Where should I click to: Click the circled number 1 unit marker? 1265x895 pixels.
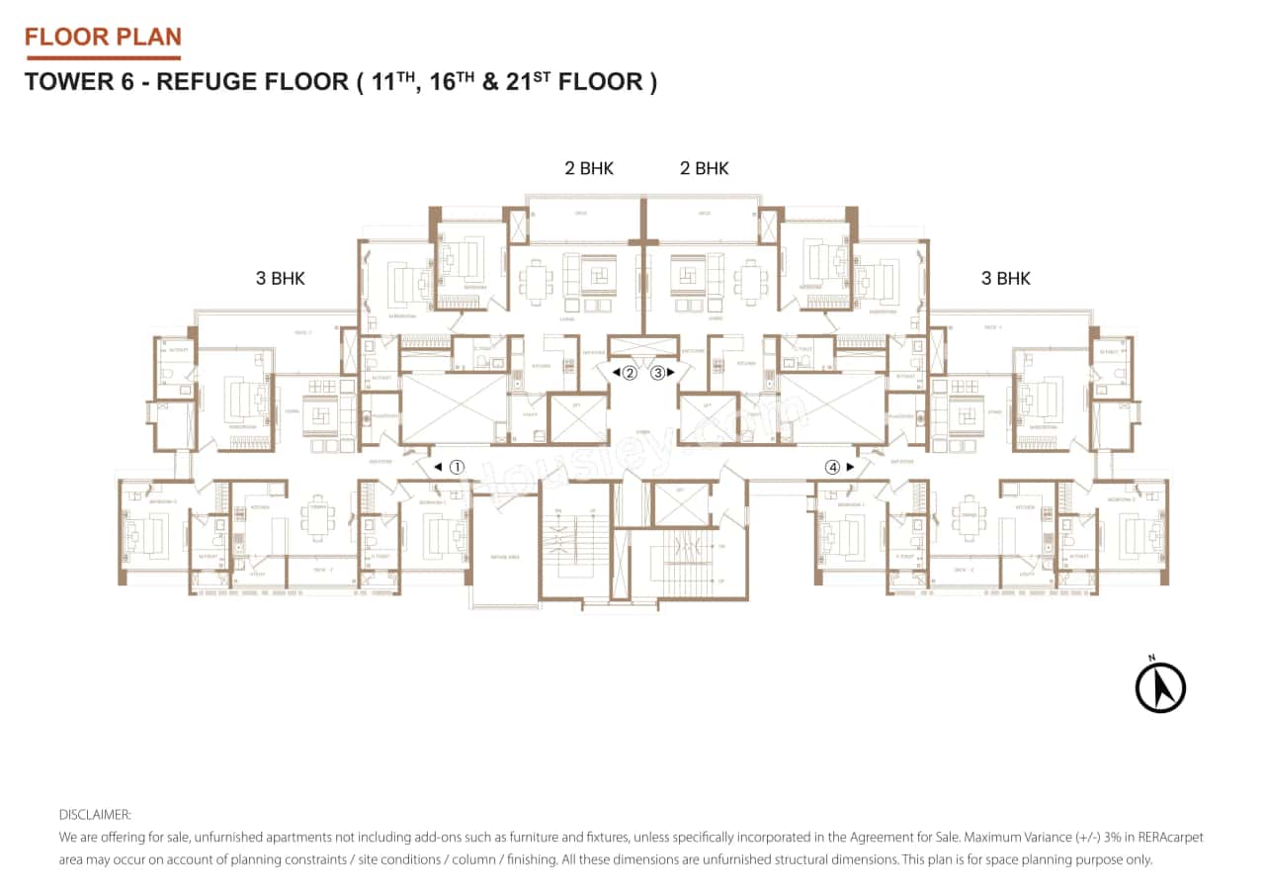coord(457,467)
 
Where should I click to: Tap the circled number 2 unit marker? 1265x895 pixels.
coord(629,373)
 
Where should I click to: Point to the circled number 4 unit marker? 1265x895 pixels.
coord(833,467)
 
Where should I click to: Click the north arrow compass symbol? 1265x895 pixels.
coord(1160,686)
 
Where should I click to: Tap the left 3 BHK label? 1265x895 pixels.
coord(280,279)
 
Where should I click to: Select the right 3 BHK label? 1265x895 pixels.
coord(1005,279)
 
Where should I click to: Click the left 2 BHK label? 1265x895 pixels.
coord(589,168)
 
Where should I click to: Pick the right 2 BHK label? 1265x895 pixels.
coord(704,168)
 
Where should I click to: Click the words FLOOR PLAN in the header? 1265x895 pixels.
coord(103,38)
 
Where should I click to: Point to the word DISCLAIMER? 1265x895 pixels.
coord(95,815)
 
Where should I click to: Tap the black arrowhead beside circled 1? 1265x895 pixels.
coord(438,467)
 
